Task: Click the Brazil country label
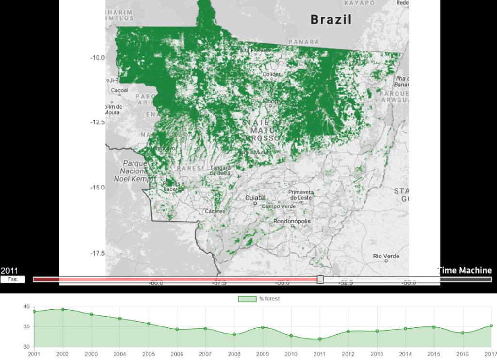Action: click(x=331, y=19)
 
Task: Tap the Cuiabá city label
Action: click(x=255, y=198)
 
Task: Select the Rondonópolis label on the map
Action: click(x=292, y=221)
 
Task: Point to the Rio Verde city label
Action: click(x=386, y=256)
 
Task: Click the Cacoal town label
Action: click(x=119, y=90)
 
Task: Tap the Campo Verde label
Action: click(x=279, y=206)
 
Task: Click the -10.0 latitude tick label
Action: click(x=97, y=57)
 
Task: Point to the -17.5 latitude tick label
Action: click(x=97, y=253)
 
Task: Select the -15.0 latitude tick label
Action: click(x=97, y=187)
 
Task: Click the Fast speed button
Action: click(x=13, y=279)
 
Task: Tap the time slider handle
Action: click(x=320, y=279)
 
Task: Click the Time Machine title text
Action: click(x=464, y=270)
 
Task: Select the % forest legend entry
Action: click(x=259, y=298)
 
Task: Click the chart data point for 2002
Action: click(x=63, y=309)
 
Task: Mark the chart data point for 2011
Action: click(x=320, y=339)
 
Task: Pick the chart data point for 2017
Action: click(x=491, y=326)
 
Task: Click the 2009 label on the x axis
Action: click(x=263, y=354)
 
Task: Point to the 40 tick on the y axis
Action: click(x=26, y=307)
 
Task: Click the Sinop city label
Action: click(x=270, y=101)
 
